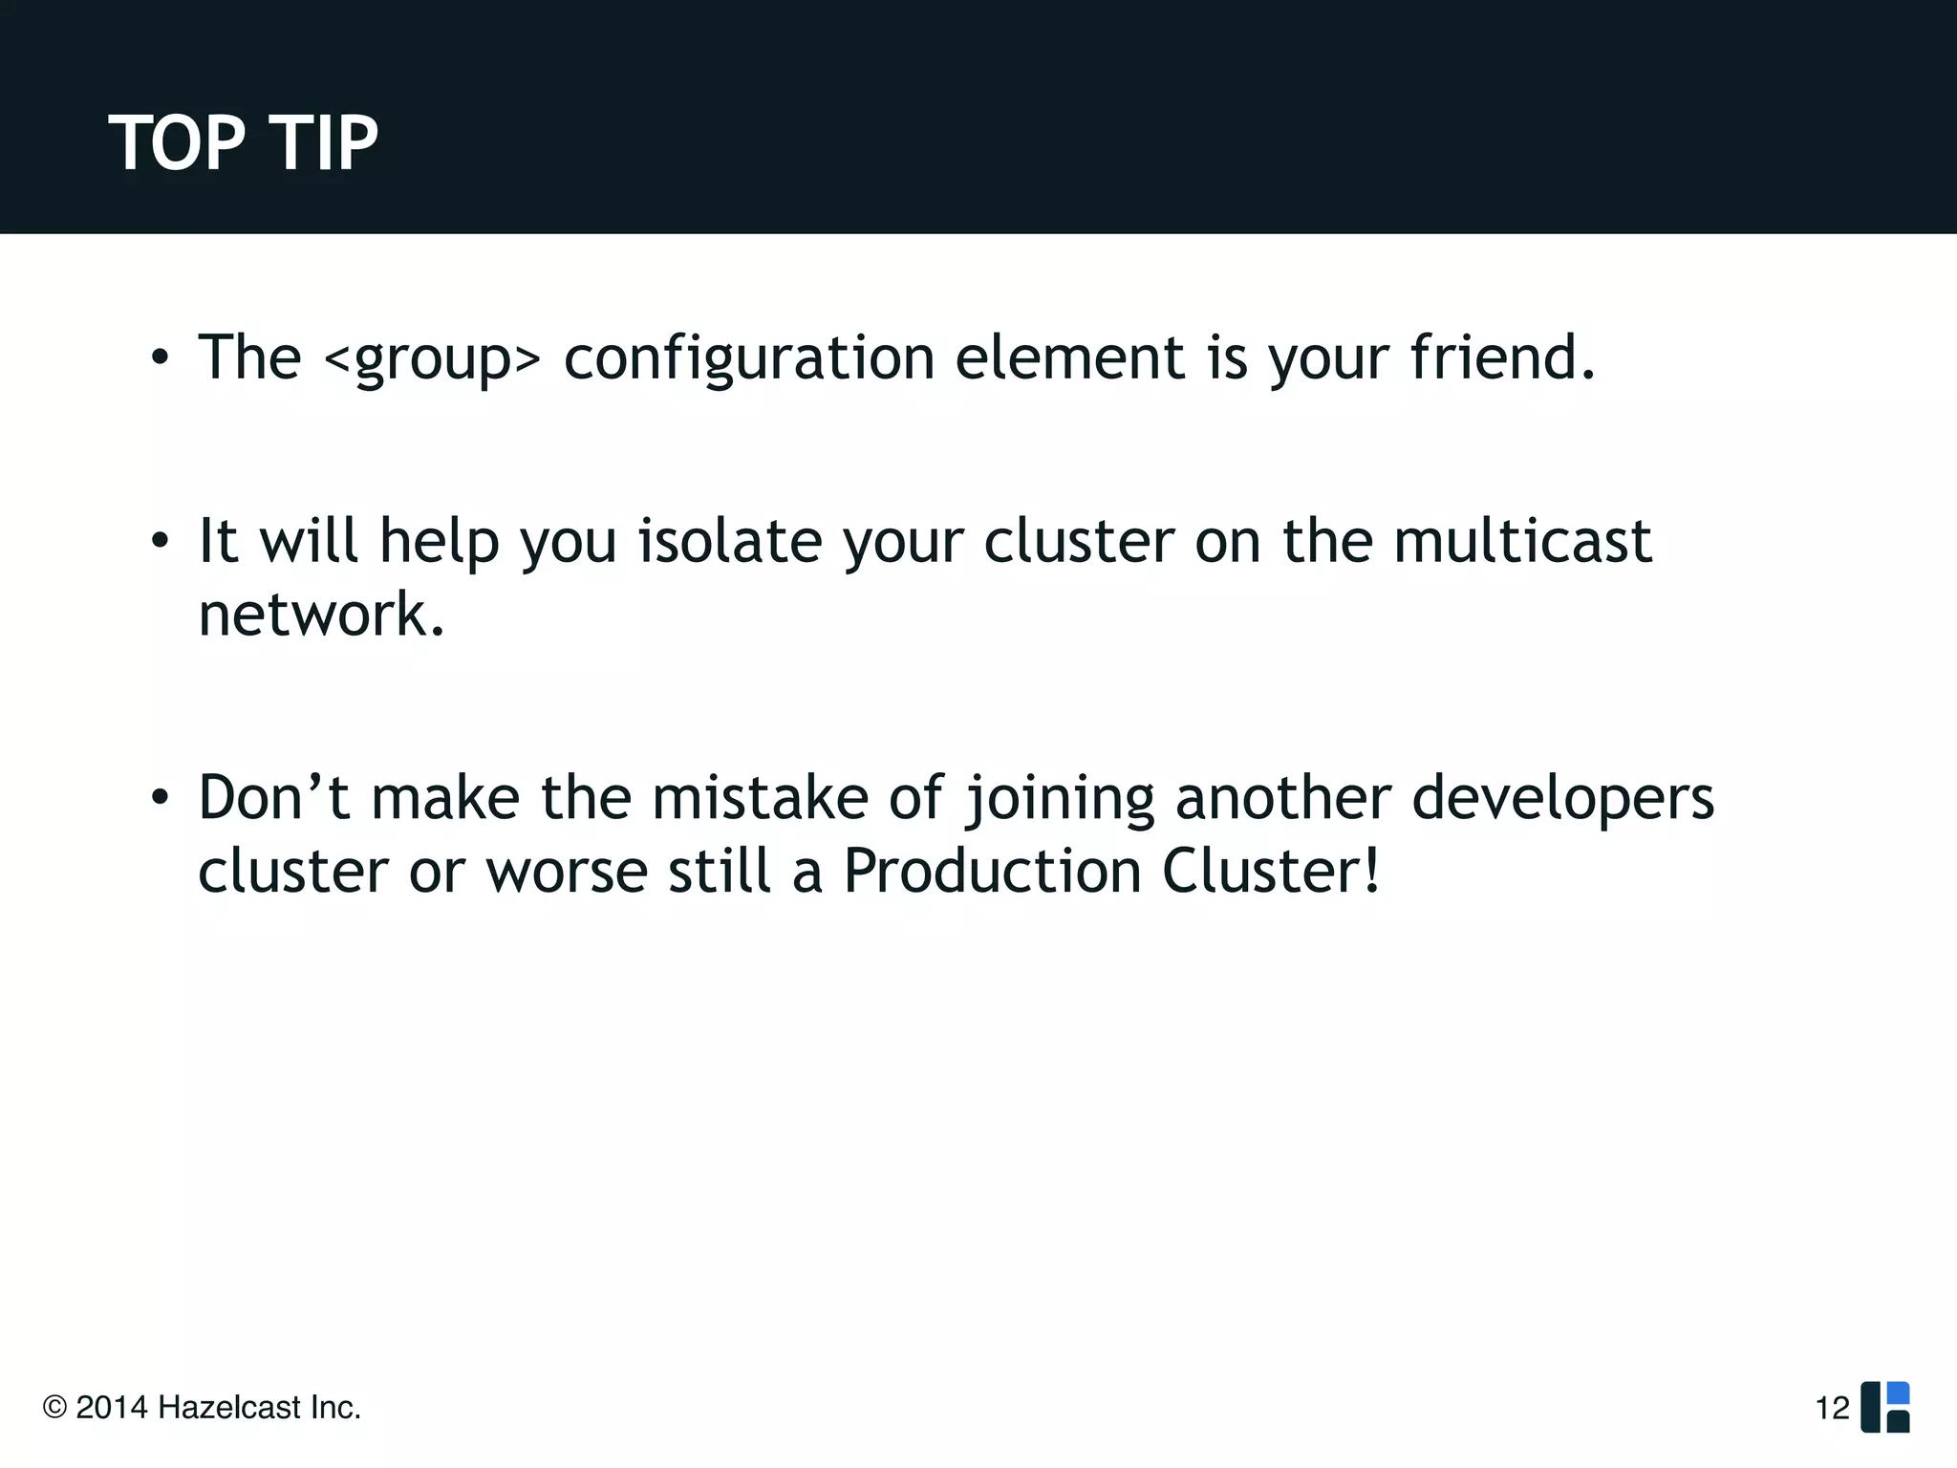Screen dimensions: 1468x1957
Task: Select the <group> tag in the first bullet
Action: [432, 360]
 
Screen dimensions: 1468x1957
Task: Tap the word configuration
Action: [748, 360]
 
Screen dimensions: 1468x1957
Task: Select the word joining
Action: [1059, 799]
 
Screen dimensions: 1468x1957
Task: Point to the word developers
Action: [1562, 799]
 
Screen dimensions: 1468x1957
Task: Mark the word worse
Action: [567, 873]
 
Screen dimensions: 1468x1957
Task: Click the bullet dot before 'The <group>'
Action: [160, 359]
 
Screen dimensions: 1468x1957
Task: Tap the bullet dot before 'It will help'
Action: [160, 542]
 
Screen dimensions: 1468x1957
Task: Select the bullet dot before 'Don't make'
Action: [160, 797]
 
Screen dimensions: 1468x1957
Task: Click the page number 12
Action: [1832, 1408]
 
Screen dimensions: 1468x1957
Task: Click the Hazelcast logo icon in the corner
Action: [1884, 1407]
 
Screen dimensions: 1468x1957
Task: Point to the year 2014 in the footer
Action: [111, 1408]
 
